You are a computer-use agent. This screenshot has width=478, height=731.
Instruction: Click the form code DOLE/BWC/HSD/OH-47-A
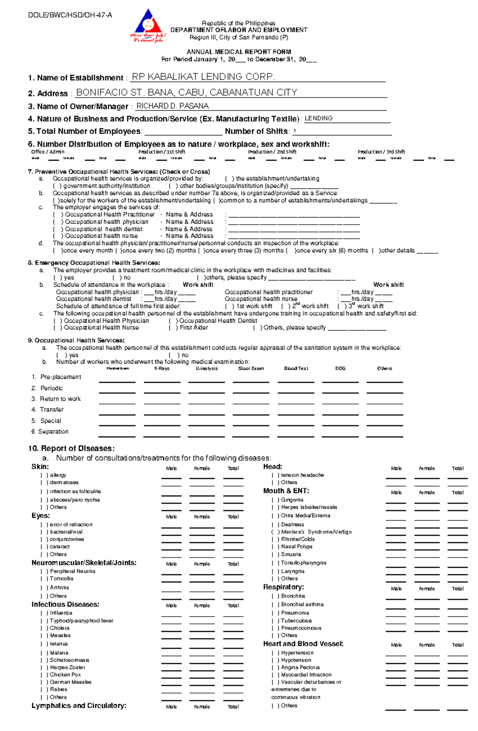pyautogui.click(x=70, y=16)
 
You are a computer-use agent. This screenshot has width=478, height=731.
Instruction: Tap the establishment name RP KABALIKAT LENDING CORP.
pyautogui.click(x=203, y=77)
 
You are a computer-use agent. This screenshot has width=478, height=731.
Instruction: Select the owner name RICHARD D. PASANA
pyautogui.click(x=172, y=106)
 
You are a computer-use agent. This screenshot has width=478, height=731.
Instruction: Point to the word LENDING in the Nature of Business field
pyautogui.click(x=319, y=118)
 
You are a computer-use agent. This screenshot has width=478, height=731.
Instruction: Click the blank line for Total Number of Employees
pyautogui.click(x=183, y=132)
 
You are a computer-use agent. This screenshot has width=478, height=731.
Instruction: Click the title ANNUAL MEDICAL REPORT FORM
pyautogui.click(x=239, y=52)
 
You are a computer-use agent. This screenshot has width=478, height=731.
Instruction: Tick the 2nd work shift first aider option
pyautogui.click(x=286, y=306)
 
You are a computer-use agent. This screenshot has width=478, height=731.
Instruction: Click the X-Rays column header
pyautogui.click(x=162, y=368)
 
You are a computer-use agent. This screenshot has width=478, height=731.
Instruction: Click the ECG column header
pyautogui.click(x=340, y=368)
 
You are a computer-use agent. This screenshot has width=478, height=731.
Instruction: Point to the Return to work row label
pyautogui.click(x=60, y=399)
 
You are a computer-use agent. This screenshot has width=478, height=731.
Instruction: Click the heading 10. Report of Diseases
pyautogui.click(x=71, y=449)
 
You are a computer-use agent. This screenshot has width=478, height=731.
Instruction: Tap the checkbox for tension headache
pyautogui.click(x=275, y=475)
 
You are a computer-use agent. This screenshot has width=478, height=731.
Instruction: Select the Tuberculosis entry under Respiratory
pyautogui.click(x=296, y=621)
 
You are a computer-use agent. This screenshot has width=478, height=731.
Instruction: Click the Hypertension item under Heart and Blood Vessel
pyautogui.click(x=297, y=653)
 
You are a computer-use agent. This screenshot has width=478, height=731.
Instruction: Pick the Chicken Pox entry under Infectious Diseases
pyautogui.click(x=65, y=675)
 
